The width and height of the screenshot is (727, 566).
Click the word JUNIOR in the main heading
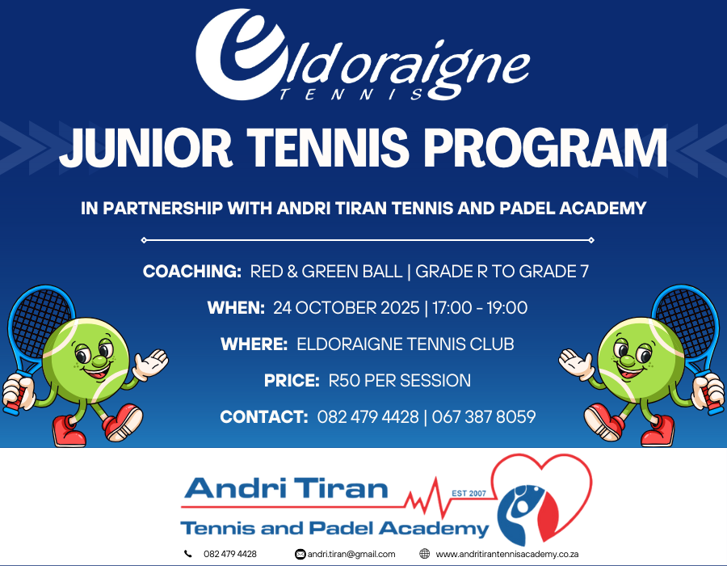145,147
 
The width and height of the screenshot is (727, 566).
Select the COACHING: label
192,272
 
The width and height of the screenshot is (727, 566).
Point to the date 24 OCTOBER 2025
346,308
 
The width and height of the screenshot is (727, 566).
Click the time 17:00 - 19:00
480,308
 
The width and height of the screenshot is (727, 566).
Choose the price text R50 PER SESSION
400,381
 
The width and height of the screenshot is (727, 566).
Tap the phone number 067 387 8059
484,417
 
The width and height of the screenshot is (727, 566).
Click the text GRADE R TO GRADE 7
502,272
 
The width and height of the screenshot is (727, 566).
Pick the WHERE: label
254,344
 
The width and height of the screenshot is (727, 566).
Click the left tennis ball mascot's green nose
99,361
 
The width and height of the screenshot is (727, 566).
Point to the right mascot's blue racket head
686,320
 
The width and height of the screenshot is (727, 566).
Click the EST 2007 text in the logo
469,493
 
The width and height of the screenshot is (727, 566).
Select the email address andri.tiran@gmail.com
351,554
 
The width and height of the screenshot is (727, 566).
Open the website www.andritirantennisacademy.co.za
506,554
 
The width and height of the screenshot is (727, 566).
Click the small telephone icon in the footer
187,554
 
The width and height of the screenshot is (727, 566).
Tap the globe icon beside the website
424,554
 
